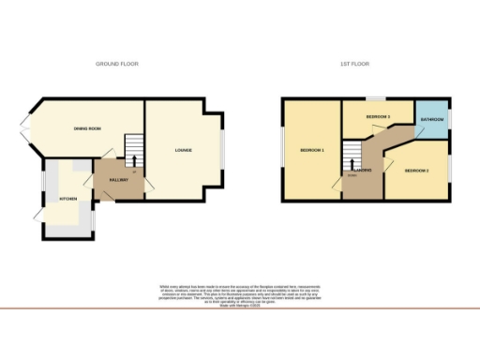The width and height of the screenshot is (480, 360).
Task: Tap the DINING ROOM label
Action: coord(88,128)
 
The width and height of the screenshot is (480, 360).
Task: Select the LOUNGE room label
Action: coord(184,150)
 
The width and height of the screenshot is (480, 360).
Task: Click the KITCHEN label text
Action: coord(69,200)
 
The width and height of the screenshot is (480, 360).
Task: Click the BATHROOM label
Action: coord(432,120)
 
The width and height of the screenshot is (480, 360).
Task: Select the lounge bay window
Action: coord(223,150)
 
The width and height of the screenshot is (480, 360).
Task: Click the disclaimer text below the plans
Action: coord(240,289)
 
